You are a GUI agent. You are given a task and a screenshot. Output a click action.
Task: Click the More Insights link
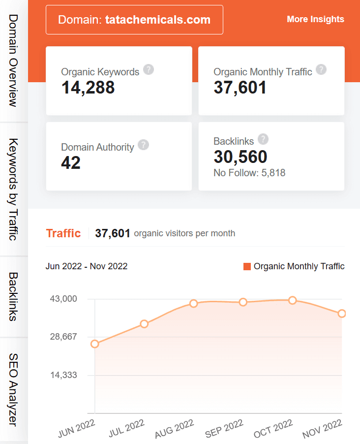(315, 19)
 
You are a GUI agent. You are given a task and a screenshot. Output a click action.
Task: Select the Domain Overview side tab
(13, 60)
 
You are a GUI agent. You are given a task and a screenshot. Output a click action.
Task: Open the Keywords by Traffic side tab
(13, 190)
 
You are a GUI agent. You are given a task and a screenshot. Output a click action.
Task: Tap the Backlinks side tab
(13, 296)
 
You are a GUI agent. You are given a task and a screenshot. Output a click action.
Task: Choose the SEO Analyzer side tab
(13, 389)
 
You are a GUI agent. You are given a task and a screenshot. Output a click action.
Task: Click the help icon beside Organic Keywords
(149, 69)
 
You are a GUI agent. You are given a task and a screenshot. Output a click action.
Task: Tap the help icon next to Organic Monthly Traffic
(321, 69)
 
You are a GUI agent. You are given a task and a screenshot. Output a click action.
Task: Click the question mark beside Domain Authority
(143, 145)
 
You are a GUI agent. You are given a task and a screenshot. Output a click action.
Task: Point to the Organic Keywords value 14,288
(88, 88)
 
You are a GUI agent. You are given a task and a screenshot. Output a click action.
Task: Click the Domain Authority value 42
(71, 162)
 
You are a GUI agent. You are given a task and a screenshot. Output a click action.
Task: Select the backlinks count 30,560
(240, 157)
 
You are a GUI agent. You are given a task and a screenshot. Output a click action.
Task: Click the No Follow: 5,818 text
(249, 173)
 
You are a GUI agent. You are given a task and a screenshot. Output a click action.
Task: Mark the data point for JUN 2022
(95, 344)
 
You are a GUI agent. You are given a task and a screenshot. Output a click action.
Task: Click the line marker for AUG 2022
(193, 303)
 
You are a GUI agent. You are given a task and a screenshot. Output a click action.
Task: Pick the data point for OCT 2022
(293, 300)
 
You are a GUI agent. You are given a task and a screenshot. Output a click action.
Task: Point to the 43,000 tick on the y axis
(63, 299)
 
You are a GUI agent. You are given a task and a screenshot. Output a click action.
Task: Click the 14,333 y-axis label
(63, 375)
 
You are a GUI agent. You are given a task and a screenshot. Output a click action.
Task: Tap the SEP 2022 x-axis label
(224, 428)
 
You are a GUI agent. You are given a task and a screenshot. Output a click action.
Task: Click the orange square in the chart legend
(247, 266)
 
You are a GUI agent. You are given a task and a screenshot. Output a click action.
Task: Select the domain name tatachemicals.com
(158, 20)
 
